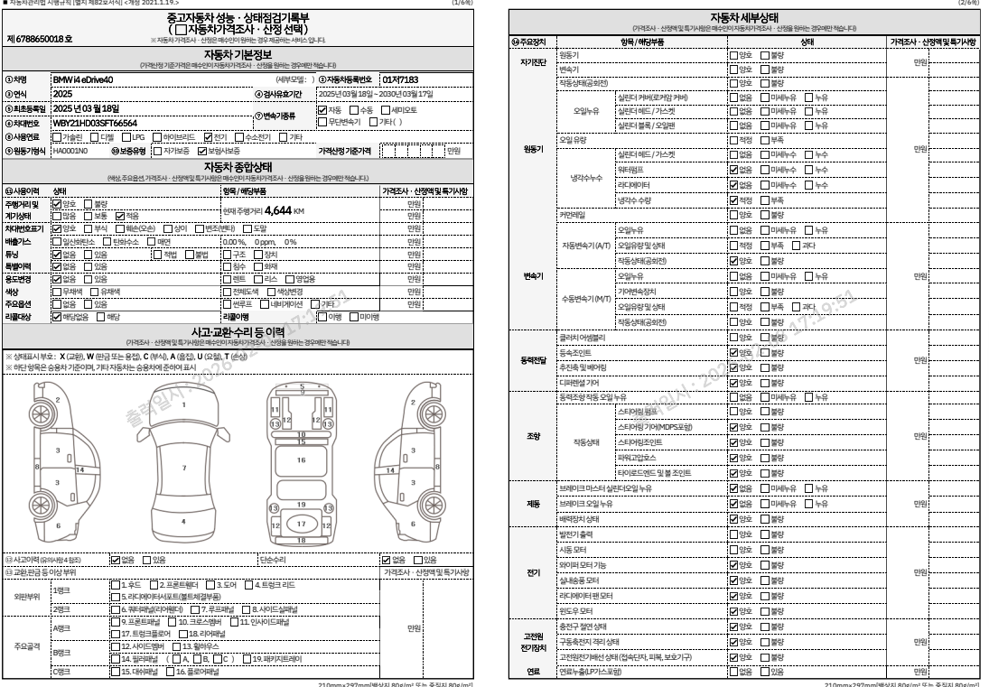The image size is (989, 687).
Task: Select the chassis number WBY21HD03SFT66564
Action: pyautogui.click(x=95, y=122)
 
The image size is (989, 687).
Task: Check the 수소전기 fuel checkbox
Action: pyautogui.click(x=240, y=136)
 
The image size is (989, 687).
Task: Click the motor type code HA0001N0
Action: pyautogui.click(x=70, y=151)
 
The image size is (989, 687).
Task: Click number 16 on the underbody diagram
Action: pyautogui.click(x=302, y=459)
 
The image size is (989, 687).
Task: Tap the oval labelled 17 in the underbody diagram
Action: pyautogui.click(x=303, y=524)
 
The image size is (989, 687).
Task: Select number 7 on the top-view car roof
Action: pyautogui.click(x=184, y=468)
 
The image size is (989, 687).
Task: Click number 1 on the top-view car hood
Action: pyautogui.click(x=184, y=405)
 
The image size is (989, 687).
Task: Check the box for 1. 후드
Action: pyautogui.click(x=115, y=584)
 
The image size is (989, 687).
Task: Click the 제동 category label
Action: pyautogui.click(x=533, y=503)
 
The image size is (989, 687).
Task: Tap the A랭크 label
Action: pyautogui.click(x=62, y=627)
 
